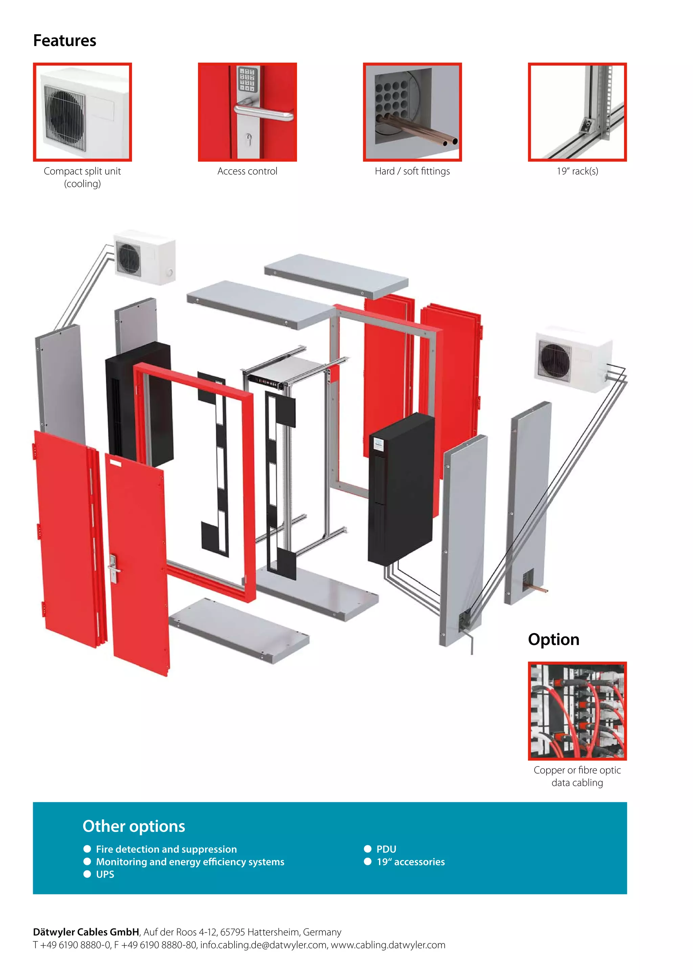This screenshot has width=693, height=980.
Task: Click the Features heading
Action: pyautogui.click(x=65, y=41)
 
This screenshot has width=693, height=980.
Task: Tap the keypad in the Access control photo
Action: pyautogui.click(x=247, y=80)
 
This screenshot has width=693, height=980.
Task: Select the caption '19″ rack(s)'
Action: pyautogui.click(x=577, y=171)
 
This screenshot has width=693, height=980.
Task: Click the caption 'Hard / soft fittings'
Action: pyautogui.click(x=412, y=171)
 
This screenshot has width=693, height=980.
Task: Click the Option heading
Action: pyautogui.click(x=554, y=639)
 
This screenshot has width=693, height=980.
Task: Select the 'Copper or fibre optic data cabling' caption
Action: pyautogui.click(x=577, y=776)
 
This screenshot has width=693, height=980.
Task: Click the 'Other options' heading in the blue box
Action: pyautogui.click(x=134, y=826)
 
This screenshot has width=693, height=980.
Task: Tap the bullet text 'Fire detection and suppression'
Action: pyautogui.click(x=166, y=849)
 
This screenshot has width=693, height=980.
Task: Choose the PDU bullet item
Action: pyautogui.click(x=386, y=849)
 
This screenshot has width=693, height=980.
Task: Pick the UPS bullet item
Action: pyautogui.click(x=105, y=874)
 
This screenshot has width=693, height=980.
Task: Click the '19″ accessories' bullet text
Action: pyautogui.click(x=410, y=862)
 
